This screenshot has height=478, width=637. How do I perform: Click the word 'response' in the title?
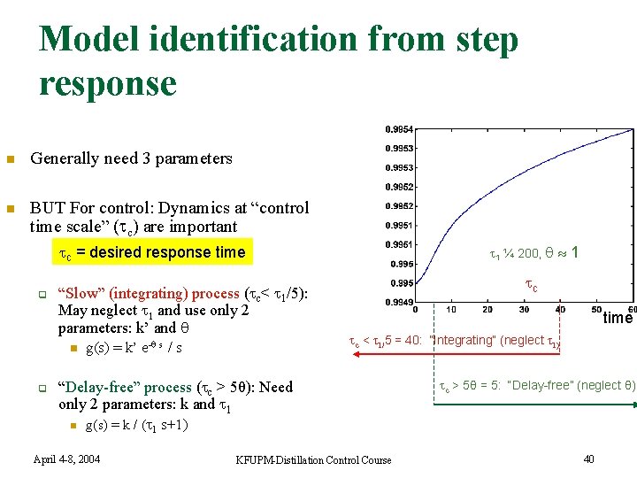click(108, 84)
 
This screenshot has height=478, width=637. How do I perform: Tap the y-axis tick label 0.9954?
click(400, 129)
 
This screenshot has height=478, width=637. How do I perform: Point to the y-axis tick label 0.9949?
click(400, 302)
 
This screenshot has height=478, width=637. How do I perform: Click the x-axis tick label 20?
click(487, 310)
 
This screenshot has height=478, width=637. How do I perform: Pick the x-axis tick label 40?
click(560, 310)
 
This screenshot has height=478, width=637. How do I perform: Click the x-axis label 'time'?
click(618, 318)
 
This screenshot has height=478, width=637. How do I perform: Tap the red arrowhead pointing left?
click(356, 353)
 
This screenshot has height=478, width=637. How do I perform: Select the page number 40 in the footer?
click(590, 458)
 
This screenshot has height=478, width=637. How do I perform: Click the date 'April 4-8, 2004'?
click(66, 459)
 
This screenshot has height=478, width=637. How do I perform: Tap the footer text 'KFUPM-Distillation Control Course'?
click(313, 459)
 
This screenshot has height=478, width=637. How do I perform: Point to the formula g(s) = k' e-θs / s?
click(134, 348)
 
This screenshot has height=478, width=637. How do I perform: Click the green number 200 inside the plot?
click(528, 253)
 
